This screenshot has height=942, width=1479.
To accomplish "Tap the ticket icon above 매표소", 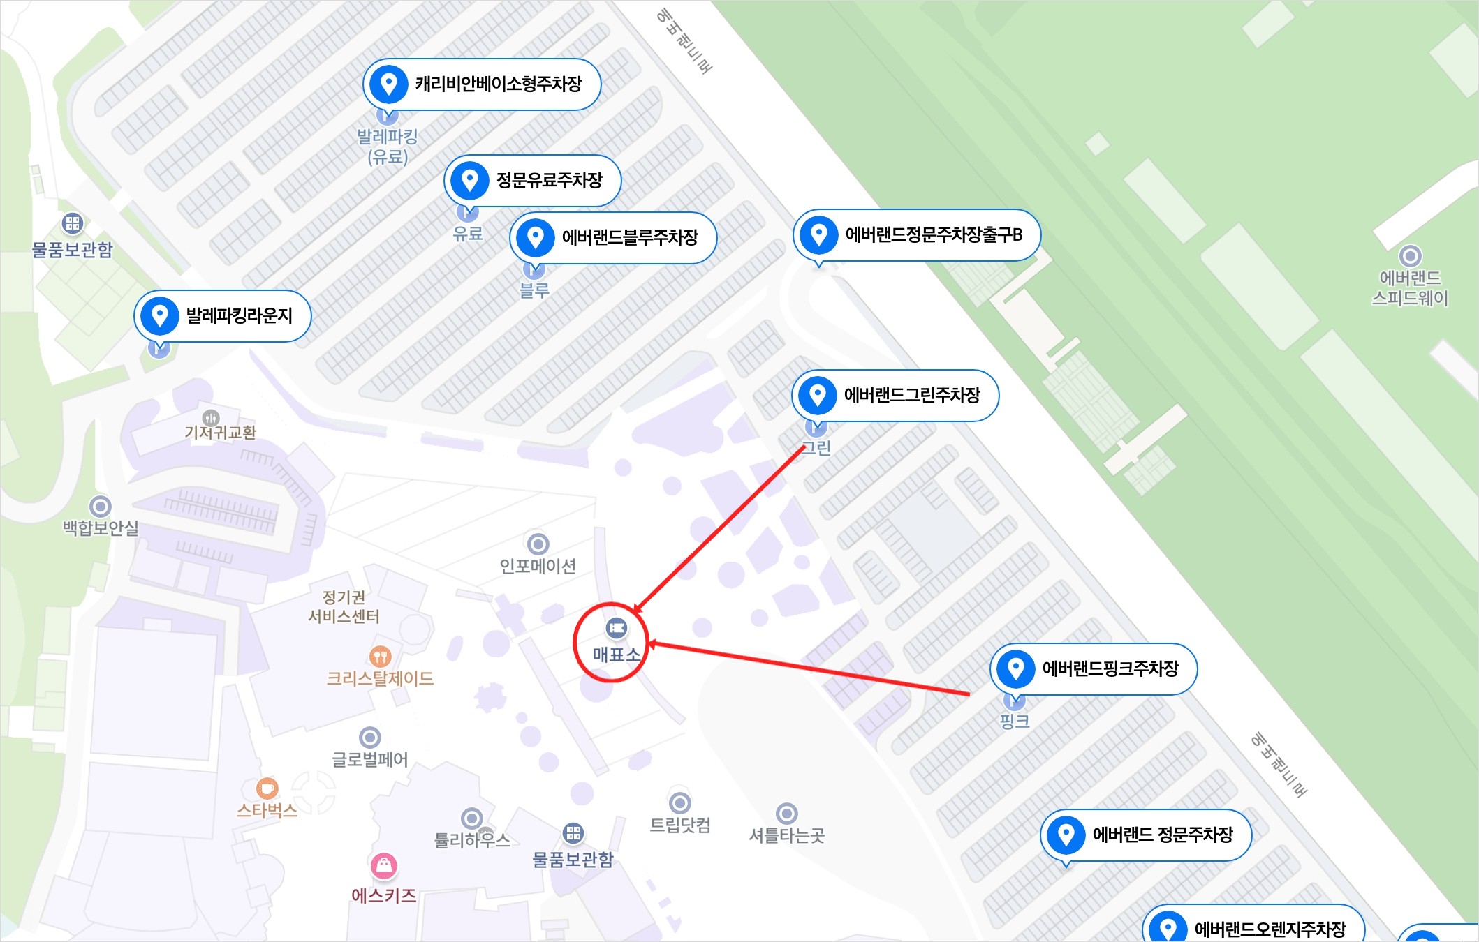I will tap(616, 628).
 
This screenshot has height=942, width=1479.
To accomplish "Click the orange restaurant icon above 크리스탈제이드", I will tap(380, 656).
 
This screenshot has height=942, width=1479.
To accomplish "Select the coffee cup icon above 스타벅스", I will tap(267, 788).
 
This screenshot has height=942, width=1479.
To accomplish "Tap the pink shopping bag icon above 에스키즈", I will tap(383, 866).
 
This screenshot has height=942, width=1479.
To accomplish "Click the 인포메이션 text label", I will tap(538, 566).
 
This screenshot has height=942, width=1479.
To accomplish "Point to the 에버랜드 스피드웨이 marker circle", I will tap(1410, 256).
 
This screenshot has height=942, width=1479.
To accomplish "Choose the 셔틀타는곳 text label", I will tap(786, 835).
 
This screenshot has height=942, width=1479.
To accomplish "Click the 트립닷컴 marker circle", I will tap(679, 803).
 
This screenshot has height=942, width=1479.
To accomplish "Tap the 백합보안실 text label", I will tap(101, 528).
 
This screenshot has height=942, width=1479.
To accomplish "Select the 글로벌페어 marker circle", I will tap(369, 738).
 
